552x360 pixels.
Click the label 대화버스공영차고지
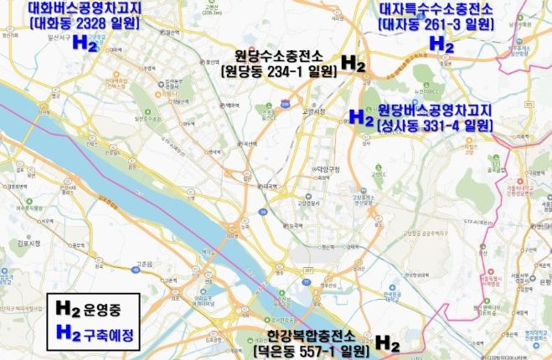pos(83,9)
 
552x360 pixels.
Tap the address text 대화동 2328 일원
pos(83,24)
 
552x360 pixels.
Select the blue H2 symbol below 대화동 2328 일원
pos(85,44)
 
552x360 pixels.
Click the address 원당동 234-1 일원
pos(280,72)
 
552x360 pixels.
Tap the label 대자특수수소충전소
pos(436,9)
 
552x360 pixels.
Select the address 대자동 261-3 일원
pos(436,24)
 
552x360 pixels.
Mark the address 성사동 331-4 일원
pos(434,126)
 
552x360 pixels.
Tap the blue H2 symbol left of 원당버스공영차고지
pos(360,117)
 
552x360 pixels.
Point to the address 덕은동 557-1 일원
pos(312,351)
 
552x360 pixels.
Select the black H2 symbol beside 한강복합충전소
pos(386,343)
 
